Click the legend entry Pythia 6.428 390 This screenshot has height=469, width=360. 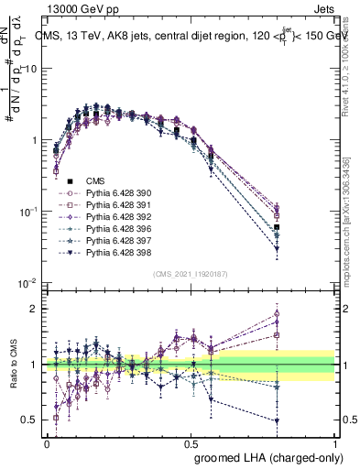[x=115, y=193]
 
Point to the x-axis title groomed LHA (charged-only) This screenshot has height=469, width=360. [x=265, y=457]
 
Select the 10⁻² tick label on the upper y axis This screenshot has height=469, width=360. [x=27, y=283]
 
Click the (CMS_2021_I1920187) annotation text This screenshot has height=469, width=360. [x=191, y=274]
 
